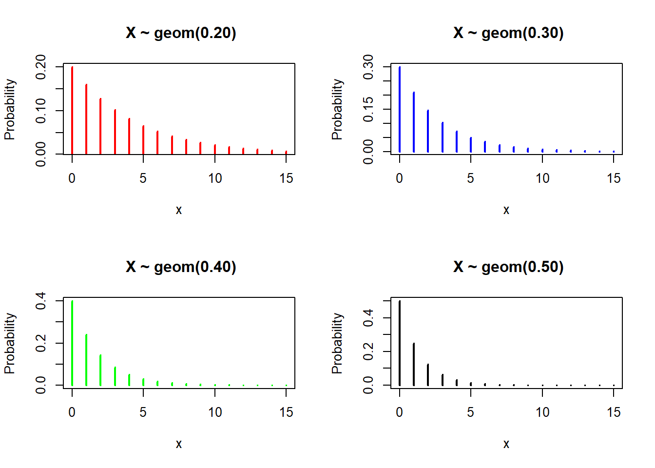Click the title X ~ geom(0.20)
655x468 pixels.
[x=181, y=33]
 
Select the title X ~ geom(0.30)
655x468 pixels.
[x=508, y=33]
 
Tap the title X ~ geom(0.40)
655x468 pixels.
[x=181, y=267]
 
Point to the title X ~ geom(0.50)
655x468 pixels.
[x=508, y=267]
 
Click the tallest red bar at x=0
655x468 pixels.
[x=72, y=110]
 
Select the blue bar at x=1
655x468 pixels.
[x=414, y=122]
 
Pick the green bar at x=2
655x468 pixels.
[x=100, y=370]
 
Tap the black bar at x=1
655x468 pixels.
[x=414, y=364]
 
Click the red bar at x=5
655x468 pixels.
[x=143, y=140]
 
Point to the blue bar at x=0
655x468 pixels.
[x=400, y=110]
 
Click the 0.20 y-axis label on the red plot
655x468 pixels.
[x=41, y=67]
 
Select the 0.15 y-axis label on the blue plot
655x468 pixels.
[x=368, y=109]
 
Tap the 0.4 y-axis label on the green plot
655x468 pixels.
[x=41, y=300]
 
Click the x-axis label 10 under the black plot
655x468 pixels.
[x=542, y=412]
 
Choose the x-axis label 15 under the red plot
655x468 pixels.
[x=286, y=178]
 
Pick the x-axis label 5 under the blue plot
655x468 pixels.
[x=470, y=178]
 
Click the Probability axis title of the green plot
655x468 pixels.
[x=10, y=343]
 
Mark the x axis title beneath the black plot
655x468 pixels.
[x=506, y=444]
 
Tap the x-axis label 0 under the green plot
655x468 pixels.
[x=72, y=412]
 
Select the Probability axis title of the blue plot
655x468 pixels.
[x=337, y=109]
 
